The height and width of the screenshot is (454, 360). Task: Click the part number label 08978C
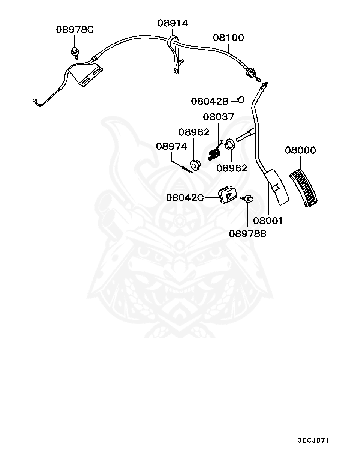[75, 29]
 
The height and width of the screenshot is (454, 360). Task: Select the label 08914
[172, 23]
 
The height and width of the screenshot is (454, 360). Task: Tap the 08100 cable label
[228, 38]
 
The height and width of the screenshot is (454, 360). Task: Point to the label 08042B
[210, 101]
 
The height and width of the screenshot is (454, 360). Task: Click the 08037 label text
[218, 117]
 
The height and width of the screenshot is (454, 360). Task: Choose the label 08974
[171, 146]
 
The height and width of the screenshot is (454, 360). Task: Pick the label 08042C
[185, 197]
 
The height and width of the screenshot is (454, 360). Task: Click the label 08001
[268, 221]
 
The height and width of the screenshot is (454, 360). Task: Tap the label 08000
[300, 150]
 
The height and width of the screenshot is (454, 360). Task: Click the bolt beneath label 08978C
[75, 52]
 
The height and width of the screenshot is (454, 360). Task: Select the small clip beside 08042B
[241, 99]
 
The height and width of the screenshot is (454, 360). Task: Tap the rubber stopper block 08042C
[227, 194]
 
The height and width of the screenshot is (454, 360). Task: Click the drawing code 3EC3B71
[313, 440]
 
